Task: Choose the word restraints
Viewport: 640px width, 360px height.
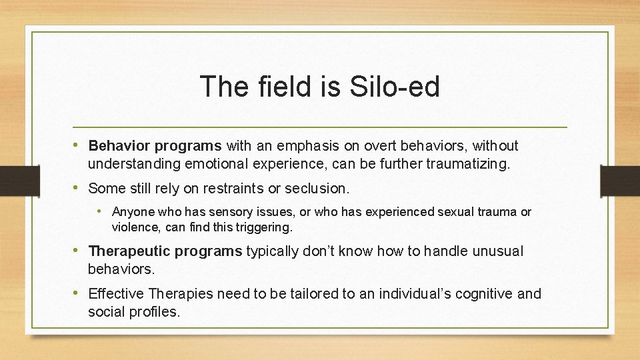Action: [x=245, y=189]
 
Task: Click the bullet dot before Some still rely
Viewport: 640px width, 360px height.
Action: [x=79, y=189]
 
